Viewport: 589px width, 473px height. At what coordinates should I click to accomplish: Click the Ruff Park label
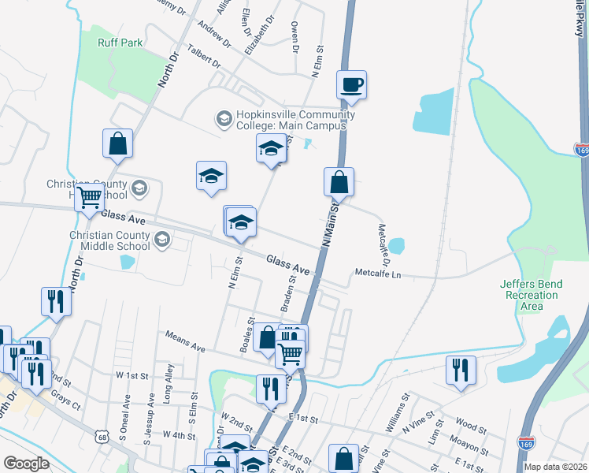click(x=120, y=43)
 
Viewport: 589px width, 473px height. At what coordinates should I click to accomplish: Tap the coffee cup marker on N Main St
click(x=351, y=84)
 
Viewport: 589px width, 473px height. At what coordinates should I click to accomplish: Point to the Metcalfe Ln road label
click(x=378, y=274)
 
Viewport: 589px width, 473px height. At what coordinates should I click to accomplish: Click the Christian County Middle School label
click(x=109, y=240)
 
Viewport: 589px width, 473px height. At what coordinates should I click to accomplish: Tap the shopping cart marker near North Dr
click(x=90, y=197)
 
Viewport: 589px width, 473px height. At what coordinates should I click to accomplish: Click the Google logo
click(x=26, y=464)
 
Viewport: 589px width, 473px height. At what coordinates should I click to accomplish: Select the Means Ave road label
click(x=185, y=341)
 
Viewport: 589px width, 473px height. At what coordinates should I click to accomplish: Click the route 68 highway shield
click(x=102, y=435)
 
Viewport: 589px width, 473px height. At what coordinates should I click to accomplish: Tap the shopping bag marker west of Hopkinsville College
click(x=117, y=144)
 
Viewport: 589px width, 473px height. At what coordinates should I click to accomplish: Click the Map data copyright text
click(x=555, y=467)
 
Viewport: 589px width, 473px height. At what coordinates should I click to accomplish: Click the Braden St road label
click(x=288, y=291)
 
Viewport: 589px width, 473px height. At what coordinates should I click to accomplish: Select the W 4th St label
click(x=178, y=435)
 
